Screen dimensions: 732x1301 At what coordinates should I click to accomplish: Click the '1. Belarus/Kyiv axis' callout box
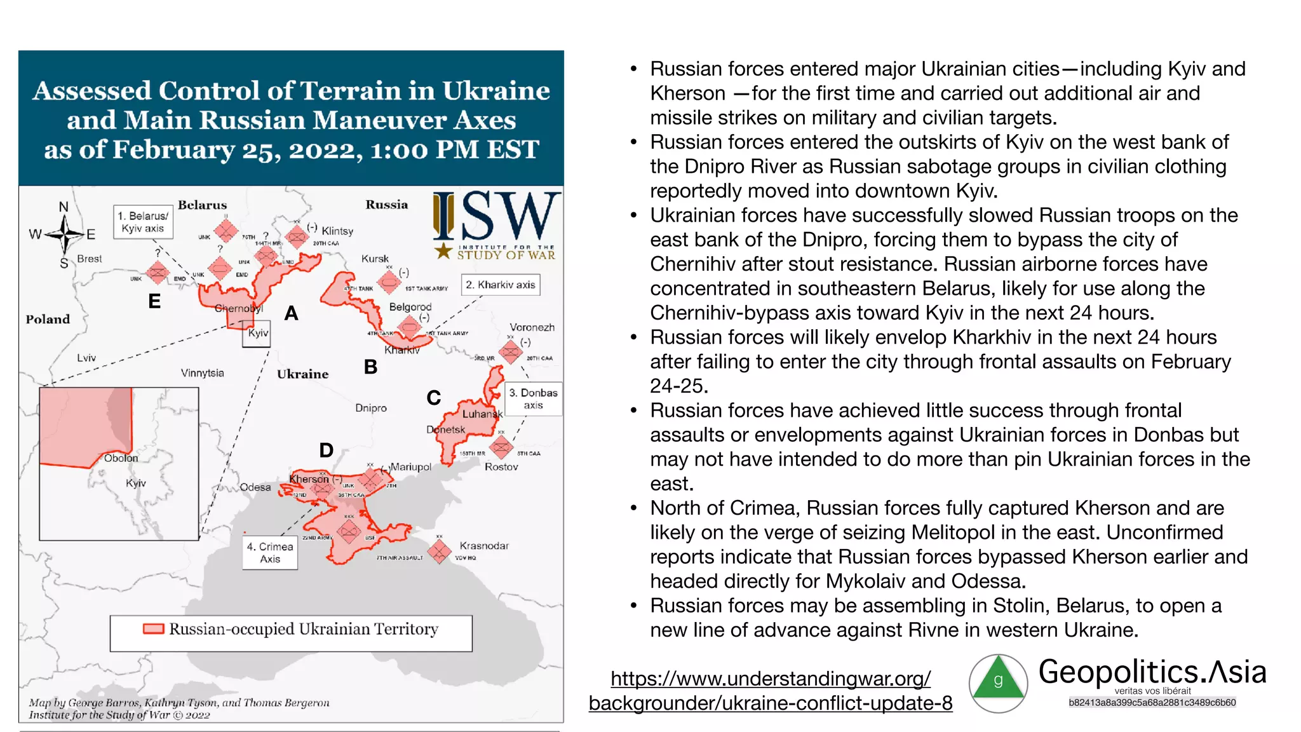click(x=143, y=222)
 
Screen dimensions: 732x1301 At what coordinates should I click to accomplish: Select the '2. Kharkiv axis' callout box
click(x=501, y=285)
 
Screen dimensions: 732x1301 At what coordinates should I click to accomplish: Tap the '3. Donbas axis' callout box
click(x=533, y=399)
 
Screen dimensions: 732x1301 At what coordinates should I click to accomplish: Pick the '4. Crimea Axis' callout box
click(x=270, y=553)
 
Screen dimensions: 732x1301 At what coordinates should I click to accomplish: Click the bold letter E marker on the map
click(x=154, y=301)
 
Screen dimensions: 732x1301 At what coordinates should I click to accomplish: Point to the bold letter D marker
click(x=326, y=451)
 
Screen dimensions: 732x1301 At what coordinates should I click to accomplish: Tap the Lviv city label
click(x=86, y=358)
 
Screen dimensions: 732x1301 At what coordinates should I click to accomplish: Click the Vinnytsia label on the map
click(x=202, y=373)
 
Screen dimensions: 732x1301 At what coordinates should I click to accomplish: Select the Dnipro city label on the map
click(x=371, y=408)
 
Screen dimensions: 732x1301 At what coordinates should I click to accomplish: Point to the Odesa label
click(x=255, y=487)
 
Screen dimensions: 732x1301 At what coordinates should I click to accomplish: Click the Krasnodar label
click(x=484, y=546)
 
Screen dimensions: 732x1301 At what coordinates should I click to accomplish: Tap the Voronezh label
click(x=532, y=327)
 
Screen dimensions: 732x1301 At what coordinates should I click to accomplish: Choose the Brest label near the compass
click(x=90, y=259)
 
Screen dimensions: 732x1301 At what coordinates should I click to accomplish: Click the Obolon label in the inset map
click(x=121, y=458)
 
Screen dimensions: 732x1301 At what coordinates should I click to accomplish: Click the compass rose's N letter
click(x=64, y=207)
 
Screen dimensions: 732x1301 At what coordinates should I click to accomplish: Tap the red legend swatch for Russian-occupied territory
click(x=154, y=629)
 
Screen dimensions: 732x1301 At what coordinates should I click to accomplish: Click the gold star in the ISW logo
click(x=443, y=250)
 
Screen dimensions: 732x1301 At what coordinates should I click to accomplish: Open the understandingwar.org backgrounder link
click(x=771, y=691)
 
